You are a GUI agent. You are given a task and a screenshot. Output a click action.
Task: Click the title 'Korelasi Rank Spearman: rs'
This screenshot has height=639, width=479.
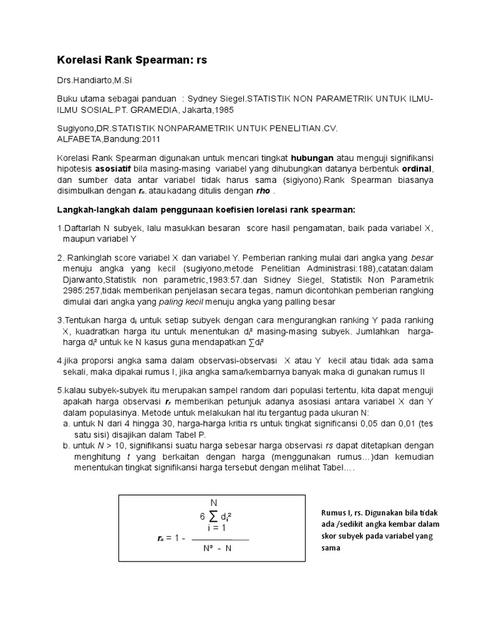coord(132,61)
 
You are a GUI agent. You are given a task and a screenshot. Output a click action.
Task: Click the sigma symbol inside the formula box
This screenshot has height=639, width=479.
coord(214,515)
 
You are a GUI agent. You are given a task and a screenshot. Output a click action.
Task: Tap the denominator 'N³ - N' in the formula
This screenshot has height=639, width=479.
coord(218,549)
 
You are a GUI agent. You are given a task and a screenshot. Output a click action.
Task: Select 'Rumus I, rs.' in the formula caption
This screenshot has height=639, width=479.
coord(342,512)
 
